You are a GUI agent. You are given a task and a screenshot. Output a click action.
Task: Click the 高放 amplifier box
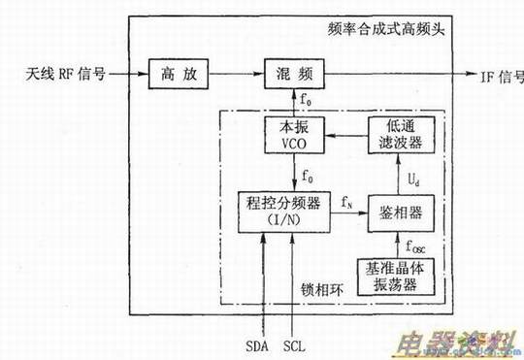click(176, 74)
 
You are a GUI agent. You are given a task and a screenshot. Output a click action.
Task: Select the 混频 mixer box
click(292, 74)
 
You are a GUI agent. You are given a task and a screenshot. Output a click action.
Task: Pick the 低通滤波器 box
click(394, 136)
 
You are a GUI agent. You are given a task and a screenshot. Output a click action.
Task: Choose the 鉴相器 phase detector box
click(394, 213)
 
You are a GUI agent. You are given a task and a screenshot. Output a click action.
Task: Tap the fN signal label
click(347, 201)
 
